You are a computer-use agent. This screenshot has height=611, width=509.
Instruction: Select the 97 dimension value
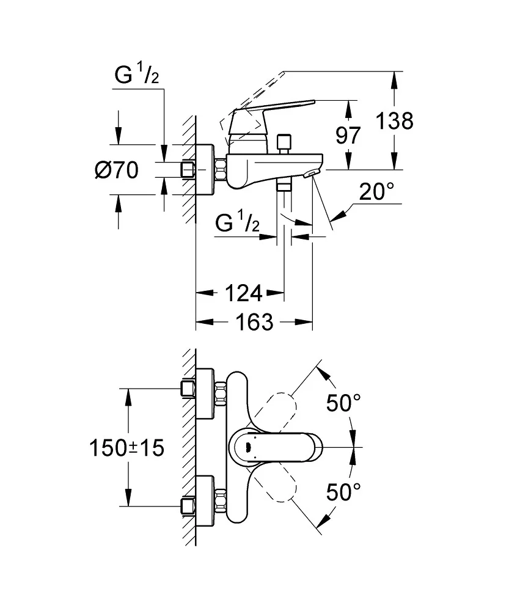[348, 135]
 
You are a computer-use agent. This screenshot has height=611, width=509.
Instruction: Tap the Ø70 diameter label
[117, 170]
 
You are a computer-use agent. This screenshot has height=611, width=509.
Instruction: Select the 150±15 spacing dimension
[127, 448]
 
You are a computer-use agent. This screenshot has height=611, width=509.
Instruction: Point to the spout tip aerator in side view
[310, 175]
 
